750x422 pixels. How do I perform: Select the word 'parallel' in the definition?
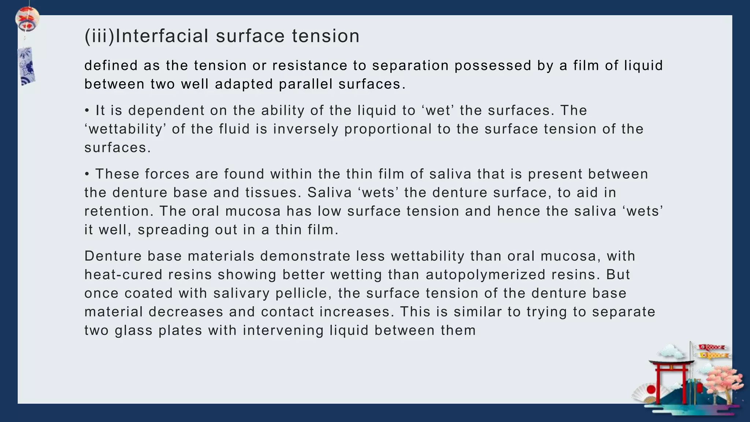305,84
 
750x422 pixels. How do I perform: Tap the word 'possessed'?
493,66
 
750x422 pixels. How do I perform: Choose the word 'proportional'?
388,129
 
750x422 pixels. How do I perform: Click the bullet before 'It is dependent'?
87,111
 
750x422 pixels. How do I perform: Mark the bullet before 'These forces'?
87,174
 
